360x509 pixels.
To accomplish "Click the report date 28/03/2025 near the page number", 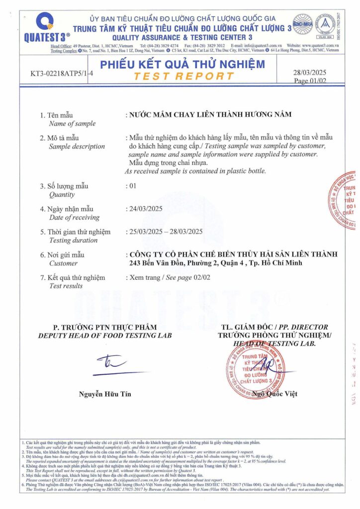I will click(310, 72).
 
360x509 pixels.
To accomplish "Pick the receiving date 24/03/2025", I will click(146, 209).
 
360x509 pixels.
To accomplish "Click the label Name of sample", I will click(72, 123).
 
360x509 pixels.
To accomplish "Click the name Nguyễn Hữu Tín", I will click(105, 394).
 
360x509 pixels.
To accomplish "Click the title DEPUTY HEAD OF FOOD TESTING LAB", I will click(105, 336).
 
